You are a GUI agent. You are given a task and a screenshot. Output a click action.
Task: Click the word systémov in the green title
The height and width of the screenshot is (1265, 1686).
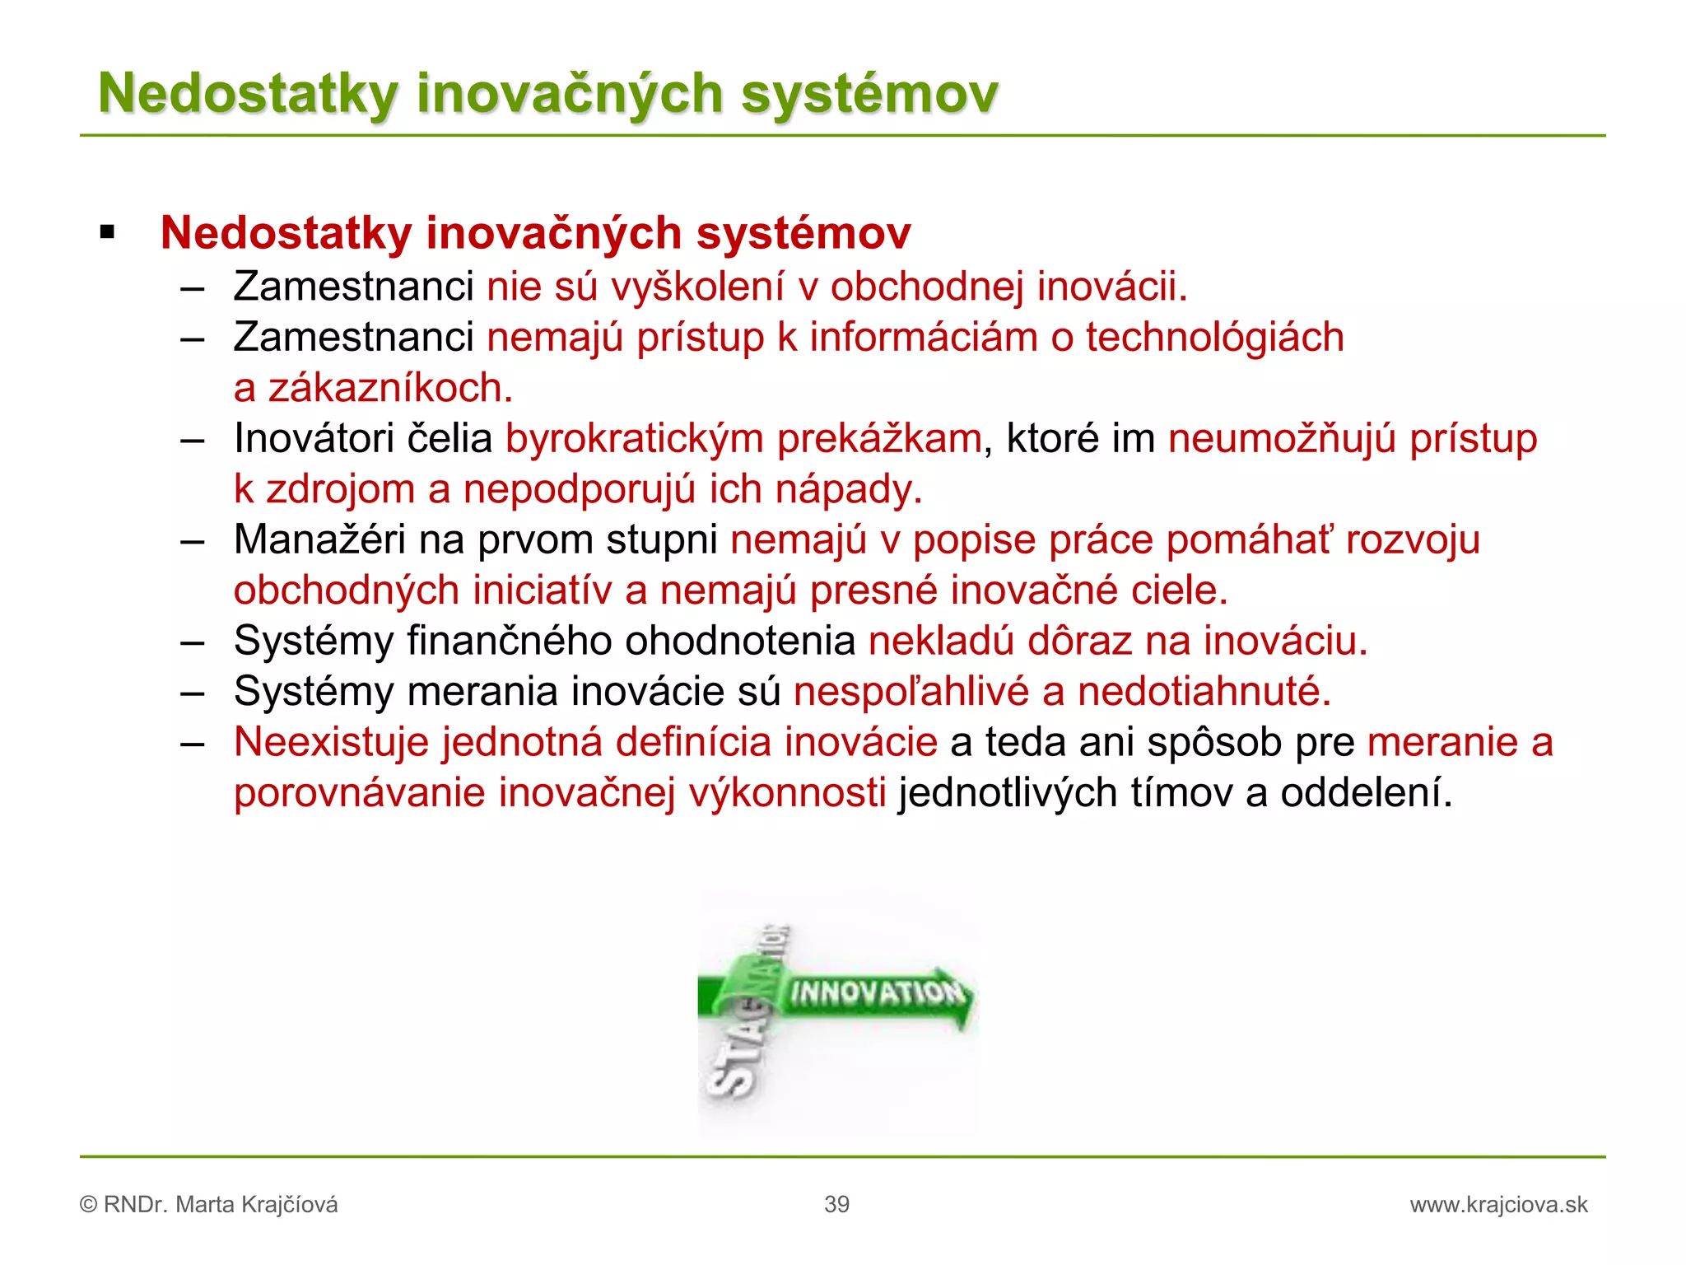(x=869, y=95)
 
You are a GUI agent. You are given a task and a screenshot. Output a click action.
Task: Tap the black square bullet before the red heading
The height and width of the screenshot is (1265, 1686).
(x=108, y=233)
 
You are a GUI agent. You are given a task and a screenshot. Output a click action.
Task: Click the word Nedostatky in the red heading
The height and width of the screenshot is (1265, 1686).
(x=286, y=233)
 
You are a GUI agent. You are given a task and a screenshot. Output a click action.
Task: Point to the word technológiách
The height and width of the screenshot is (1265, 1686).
(x=1214, y=338)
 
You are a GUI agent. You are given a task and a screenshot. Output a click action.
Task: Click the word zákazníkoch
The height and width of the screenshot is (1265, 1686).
(x=390, y=388)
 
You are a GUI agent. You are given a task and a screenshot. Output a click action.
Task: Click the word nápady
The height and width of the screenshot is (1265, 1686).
(x=848, y=489)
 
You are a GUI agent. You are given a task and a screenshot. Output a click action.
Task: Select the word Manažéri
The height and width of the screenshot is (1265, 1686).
(x=319, y=540)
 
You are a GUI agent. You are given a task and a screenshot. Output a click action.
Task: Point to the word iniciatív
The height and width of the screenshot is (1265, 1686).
(x=543, y=590)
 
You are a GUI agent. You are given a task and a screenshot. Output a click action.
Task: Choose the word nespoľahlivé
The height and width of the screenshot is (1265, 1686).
(x=911, y=692)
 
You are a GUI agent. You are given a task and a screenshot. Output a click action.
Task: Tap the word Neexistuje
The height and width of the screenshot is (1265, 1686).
(x=331, y=742)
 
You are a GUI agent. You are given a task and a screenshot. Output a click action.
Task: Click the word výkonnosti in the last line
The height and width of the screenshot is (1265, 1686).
(x=786, y=793)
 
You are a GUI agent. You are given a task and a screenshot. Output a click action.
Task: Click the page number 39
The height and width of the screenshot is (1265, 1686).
(x=836, y=1205)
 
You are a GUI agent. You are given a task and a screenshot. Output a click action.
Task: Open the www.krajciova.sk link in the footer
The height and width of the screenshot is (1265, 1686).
(x=1498, y=1205)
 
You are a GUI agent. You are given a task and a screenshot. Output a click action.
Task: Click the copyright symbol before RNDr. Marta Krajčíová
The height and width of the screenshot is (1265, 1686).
(x=88, y=1205)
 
